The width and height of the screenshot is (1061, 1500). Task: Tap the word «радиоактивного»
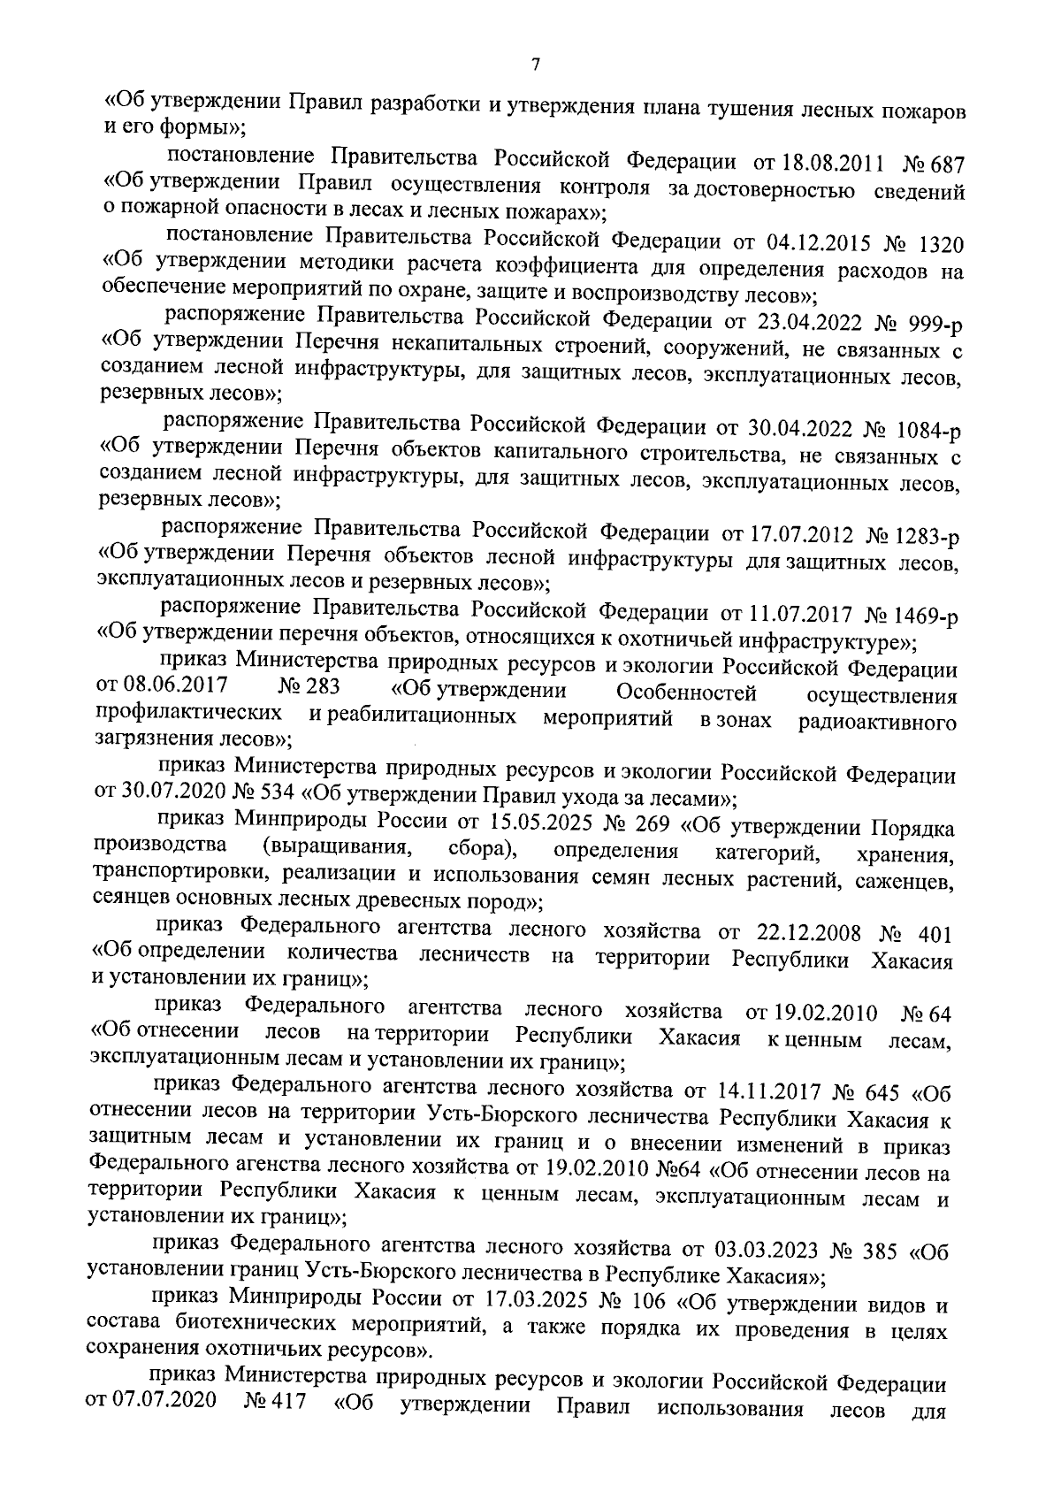(878, 723)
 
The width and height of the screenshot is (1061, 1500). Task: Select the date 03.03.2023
(766, 1250)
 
